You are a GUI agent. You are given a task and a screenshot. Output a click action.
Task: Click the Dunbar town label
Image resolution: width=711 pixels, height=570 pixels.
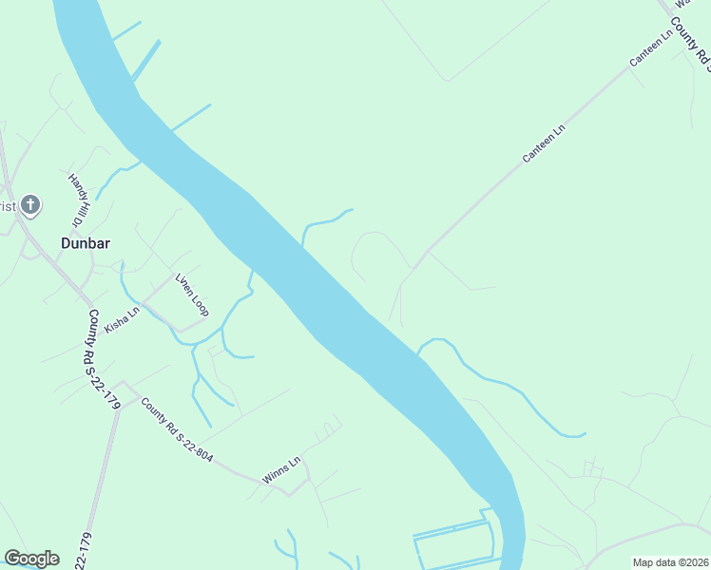point(86,243)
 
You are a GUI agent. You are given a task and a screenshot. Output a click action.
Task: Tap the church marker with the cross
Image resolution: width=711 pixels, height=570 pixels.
point(30,204)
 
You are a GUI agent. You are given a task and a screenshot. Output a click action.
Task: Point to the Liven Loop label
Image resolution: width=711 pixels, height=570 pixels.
point(191,295)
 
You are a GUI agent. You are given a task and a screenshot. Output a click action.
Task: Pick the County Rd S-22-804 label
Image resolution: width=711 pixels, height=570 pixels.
point(177,430)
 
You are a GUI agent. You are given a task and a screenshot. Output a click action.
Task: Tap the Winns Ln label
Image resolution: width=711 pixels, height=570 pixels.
point(281,469)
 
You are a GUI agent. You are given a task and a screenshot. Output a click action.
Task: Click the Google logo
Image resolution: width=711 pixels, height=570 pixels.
point(31,559)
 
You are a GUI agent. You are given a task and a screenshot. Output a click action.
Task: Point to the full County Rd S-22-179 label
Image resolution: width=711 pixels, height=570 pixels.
point(104,360)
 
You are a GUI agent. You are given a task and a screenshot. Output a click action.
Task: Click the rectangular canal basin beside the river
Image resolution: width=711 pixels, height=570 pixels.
point(454,543)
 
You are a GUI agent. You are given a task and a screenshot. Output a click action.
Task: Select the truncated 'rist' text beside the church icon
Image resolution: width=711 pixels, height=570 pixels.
point(8,206)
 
